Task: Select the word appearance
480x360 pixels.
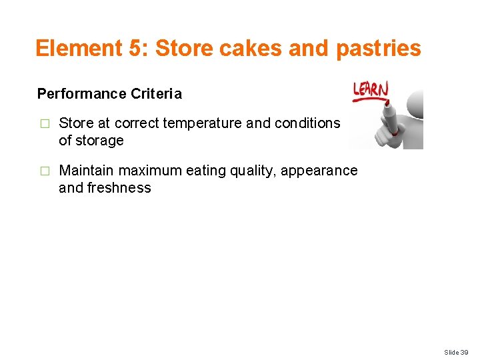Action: pyautogui.click(x=319, y=171)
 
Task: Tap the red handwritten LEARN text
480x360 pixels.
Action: pyautogui.click(x=371, y=89)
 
